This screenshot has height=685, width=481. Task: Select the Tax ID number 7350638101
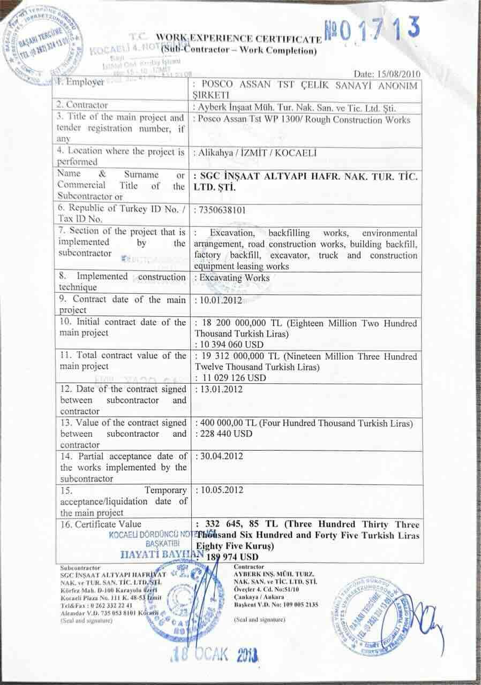point(222,210)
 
